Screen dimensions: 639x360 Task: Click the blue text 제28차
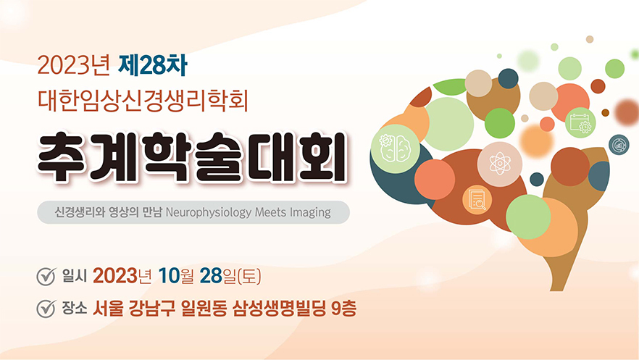tap(152, 66)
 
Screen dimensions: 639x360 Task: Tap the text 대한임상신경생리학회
tap(143, 100)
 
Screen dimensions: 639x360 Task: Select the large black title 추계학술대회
tap(192, 157)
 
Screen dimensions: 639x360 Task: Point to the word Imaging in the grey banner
tap(310, 212)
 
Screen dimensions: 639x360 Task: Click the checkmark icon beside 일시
tap(46, 277)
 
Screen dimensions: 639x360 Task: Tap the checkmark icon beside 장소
tap(46, 309)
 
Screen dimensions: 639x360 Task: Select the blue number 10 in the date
tap(169, 276)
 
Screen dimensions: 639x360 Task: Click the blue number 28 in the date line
tap(211, 276)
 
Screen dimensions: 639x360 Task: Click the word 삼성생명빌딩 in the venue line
tap(279, 309)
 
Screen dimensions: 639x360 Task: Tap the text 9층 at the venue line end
tap(344, 309)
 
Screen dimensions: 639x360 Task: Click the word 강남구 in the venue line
tap(152, 309)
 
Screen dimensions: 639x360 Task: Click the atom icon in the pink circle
tap(500, 164)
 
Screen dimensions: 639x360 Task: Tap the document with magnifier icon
tap(477, 199)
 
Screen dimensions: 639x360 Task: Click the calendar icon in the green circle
tap(580, 122)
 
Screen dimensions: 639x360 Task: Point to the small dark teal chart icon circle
tap(619, 145)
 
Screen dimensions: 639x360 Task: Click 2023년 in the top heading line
tap(74, 66)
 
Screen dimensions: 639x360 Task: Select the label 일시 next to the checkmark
tap(75, 276)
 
